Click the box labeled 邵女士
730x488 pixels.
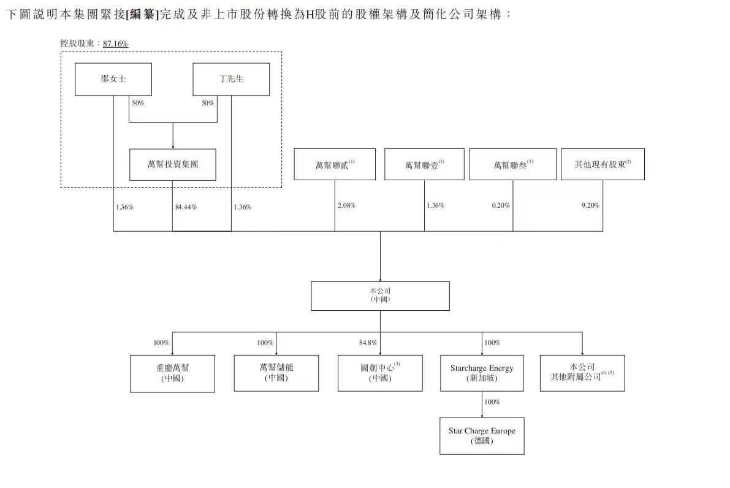(x=113, y=79)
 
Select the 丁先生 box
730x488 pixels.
(x=231, y=79)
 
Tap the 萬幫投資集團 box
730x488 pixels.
(x=173, y=164)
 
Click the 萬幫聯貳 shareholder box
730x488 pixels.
(x=335, y=164)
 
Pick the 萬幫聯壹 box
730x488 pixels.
(x=424, y=164)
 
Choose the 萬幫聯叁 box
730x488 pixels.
(x=513, y=164)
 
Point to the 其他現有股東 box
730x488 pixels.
(x=603, y=164)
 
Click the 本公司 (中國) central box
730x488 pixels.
(x=380, y=295)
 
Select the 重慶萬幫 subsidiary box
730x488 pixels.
(x=172, y=373)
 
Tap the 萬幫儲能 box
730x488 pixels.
(x=276, y=373)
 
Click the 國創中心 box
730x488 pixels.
(x=380, y=373)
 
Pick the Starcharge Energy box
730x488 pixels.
(x=482, y=373)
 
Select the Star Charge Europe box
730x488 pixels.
(x=482, y=436)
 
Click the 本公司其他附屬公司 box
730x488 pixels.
(x=582, y=373)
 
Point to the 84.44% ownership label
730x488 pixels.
(x=186, y=207)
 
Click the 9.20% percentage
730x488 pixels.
(x=590, y=205)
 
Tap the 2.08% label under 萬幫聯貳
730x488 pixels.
(x=346, y=205)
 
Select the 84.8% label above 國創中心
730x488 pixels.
(x=368, y=343)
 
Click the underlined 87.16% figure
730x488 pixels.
(x=115, y=44)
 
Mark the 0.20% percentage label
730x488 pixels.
(x=501, y=205)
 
